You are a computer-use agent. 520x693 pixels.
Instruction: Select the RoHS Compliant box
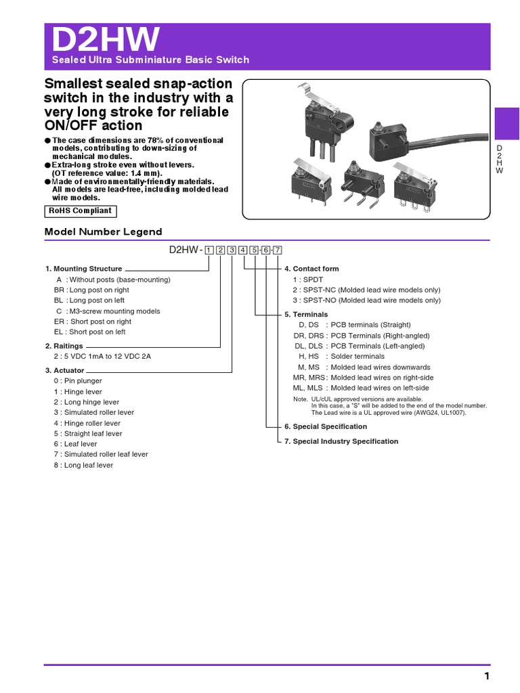79,211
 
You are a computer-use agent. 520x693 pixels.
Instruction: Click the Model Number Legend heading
103,231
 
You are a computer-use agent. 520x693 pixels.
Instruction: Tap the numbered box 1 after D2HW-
209,250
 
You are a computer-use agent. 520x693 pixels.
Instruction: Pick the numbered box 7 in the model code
277,250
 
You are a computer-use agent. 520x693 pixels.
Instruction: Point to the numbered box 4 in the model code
243,250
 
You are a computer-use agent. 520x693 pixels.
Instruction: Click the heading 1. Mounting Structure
84,269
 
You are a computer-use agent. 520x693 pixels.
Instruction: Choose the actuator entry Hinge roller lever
92,423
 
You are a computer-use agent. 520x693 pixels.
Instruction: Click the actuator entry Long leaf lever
88,465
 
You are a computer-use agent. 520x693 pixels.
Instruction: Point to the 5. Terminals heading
306,315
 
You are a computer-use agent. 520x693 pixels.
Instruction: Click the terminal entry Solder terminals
357,356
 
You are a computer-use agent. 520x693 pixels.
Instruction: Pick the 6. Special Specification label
326,426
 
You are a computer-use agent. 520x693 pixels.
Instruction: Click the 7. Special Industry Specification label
341,441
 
